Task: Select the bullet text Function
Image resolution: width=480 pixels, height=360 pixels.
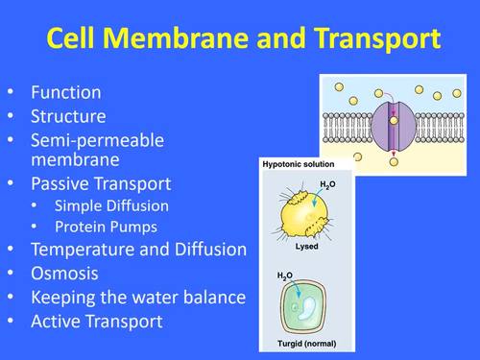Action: pos(66,93)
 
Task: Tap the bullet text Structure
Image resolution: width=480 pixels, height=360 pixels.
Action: pos(69,116)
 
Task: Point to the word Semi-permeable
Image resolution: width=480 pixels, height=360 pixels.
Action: pos(98,139)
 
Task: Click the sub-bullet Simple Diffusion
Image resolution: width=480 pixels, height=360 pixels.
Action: pos(112,204)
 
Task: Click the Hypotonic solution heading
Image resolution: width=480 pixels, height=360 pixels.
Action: pos(300,165)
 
